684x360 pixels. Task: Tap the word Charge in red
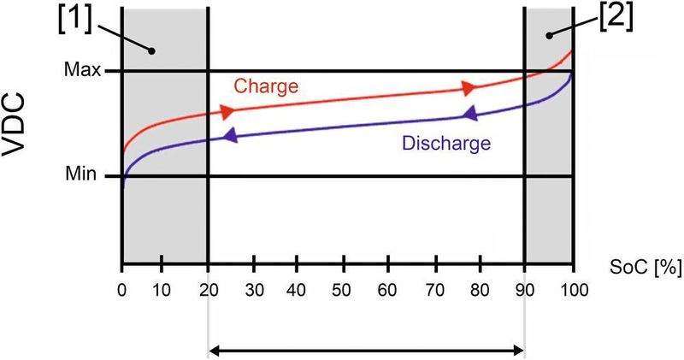[265, 86]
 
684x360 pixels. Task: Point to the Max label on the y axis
[84, 71]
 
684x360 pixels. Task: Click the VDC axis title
[23, 128]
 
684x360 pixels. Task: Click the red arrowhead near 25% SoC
[227, 112]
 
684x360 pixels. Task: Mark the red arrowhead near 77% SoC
[468, 88]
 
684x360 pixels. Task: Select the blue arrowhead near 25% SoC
[228, 136]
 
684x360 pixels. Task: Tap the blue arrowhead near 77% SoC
[469, 114]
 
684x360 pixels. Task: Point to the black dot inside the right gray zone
[551, 35]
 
